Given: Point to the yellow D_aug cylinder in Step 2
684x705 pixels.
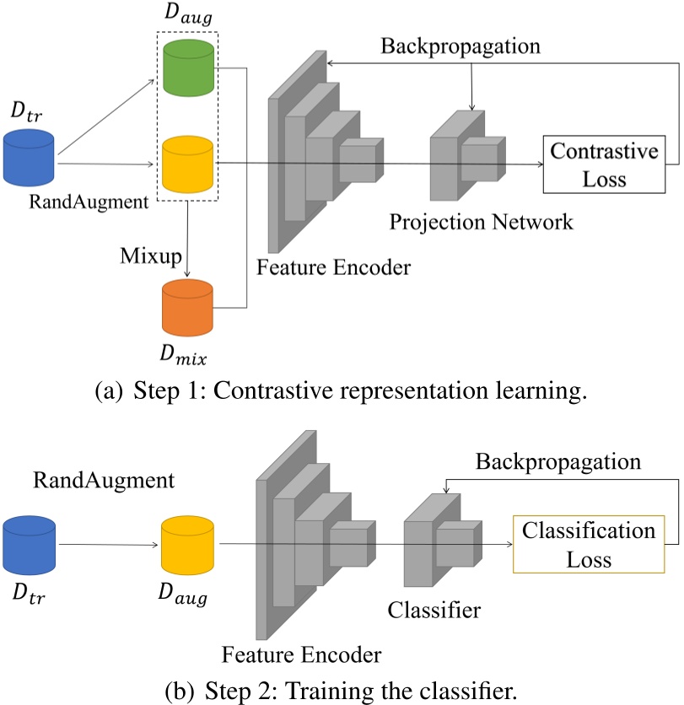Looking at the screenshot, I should click(x=188, y=546).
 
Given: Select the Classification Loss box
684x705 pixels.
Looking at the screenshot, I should click(x=588, y=545).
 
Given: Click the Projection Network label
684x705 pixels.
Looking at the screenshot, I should click(x=481, y=222).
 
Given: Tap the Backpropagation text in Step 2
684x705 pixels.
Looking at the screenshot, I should click(x=557, y=461).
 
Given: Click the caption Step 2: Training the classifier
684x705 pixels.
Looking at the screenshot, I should click(x=342, y=690).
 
